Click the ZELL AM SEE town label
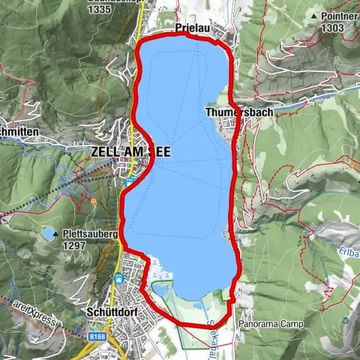[x=130, y=151]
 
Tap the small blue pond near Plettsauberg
[x=48, y=235]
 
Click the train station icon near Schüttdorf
[x=118, y=280]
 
